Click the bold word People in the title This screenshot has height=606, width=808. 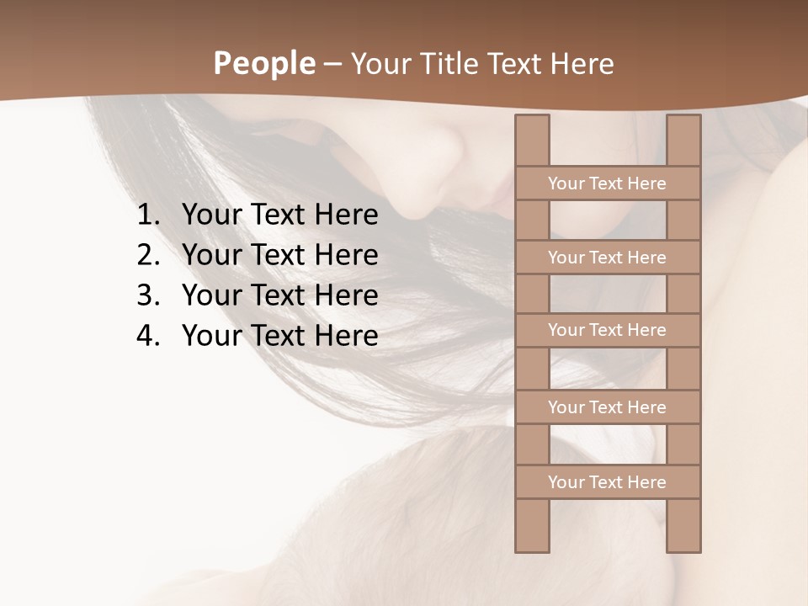(x=263, y=64)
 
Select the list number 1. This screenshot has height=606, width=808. (x=148, y=215)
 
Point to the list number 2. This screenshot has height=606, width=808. (x=148, y=255)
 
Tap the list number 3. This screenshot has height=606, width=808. (x=148, y=295)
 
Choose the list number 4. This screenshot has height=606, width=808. (x=148, y=336)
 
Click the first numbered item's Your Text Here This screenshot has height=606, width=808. (x=279, y=215)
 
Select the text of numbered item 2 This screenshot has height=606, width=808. (x=279, y=255)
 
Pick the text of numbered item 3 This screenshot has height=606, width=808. (x=279, y=295)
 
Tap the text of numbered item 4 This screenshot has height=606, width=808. (x=279, y=336)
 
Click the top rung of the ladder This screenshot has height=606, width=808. (x=607, y=183)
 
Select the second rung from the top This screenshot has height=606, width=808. (x=607, y=258)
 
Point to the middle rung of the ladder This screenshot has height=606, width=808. (x=607, y=330)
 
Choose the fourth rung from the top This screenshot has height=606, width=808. (x=607, y=407)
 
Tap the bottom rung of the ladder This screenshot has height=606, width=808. (x=607, y=482)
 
